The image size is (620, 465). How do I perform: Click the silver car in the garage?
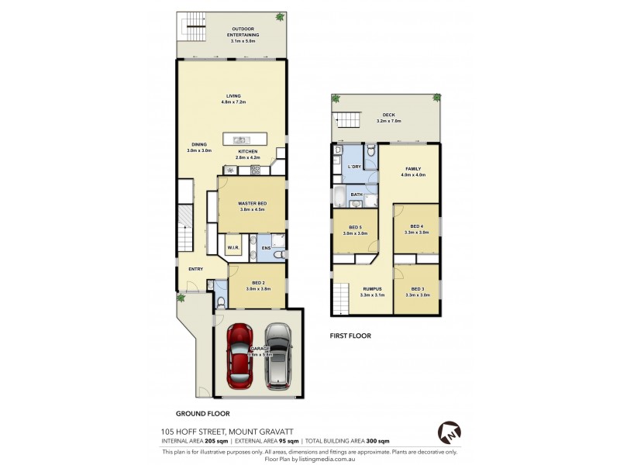[277, 356]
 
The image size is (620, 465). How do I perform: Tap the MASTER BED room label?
[252, 204]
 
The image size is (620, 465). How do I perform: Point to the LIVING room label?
[233, 96]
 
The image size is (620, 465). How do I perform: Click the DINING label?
[199, 144]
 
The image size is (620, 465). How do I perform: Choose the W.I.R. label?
[232, 248]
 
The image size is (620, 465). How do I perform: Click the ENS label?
[266, 248]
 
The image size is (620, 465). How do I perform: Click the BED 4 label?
[417, 227]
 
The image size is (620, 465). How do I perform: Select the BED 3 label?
[417, 289]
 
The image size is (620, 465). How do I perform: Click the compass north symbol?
[449, 432]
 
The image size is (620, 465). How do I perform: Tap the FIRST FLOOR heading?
[351, 336]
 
